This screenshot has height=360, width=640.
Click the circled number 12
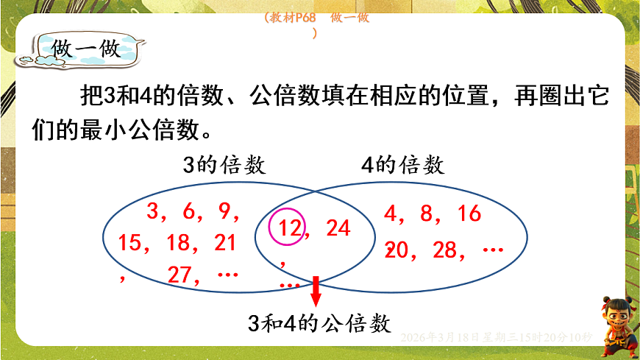click(x=291, y=229)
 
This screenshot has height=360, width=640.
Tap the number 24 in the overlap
click(x=338, y=228)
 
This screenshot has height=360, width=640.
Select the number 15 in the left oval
click(x=129, y=243)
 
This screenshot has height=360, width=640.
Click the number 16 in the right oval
click(x=468, y=214)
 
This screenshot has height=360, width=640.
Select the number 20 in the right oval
click(x=397, y=250)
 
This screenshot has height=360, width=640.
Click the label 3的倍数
click(x=224, y=166)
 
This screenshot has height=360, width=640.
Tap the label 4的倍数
click(x=403, y=166)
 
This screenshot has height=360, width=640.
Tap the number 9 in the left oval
click(x=224, y=212)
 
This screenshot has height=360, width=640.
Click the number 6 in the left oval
click(x=188, y=212)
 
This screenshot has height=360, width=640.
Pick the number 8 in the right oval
click(x=426, y=214)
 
